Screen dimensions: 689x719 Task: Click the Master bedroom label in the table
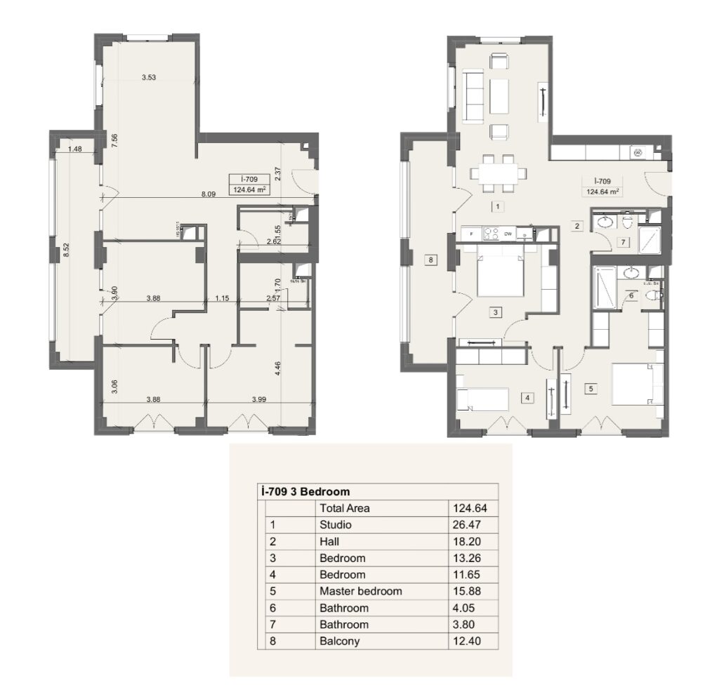(360, 591)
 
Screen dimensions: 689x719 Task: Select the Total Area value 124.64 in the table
(472, 507)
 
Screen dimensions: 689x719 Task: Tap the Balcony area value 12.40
(472, 641)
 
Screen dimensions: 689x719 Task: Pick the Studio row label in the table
(335, 524)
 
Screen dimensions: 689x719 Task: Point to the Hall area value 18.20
(472, 541)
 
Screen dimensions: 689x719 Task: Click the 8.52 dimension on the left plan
(67, 250)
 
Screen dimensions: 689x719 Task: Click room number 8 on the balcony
(430, 260)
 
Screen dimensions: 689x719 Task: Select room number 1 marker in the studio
(496, 206)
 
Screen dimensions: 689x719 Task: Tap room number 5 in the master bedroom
(591, 387)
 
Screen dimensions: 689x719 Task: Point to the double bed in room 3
(499, 275)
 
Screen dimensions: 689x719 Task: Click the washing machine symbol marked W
(638, 152)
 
